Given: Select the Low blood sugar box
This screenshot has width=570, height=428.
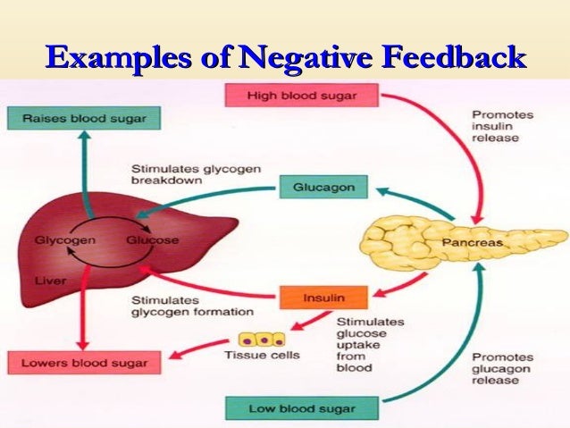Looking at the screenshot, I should pyautogui.click(x=302, y=409).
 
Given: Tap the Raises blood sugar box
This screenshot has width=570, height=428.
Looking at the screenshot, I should pyautogui.click(x=78, y=118).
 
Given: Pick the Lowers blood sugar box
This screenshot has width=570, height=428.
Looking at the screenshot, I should pyautogui.click(x=78, y=364).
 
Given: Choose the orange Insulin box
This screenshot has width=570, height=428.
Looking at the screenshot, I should pyautogui.click(x=312, y=296).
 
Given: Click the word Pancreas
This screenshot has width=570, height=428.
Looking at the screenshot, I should pyautogui.click(x=473, y=242).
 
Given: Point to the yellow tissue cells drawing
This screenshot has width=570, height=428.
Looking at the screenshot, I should pyautogui.click(x=261, y=340).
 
